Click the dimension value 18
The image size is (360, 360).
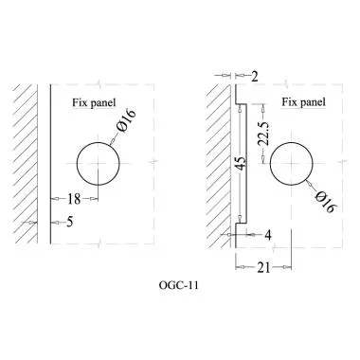pos(74,199)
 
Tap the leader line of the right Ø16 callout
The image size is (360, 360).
pos(315,184)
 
